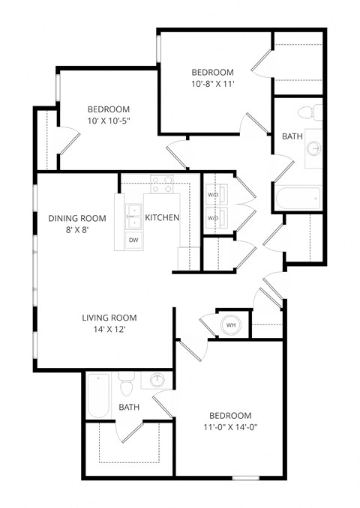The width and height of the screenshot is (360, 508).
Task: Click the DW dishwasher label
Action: tap(133, 241)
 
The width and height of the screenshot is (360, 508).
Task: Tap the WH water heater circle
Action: tap(231, 326)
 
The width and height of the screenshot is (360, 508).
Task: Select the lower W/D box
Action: tap(213, 218)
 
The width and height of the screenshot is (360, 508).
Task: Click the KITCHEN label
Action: tap(162, 218)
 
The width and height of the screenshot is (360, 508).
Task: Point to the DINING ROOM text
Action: tap(77, 218)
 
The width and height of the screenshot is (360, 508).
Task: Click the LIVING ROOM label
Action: tap(109, 318)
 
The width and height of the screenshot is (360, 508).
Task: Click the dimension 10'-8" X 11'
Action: tap(212, 84)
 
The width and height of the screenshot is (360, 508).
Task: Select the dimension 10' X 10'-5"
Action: tap(109, 121)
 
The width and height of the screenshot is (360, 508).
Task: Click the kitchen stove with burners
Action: tap(161, 183)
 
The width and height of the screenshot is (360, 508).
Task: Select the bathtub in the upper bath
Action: tap(298, 199)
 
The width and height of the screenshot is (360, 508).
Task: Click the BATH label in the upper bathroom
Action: tap(292, 137)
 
